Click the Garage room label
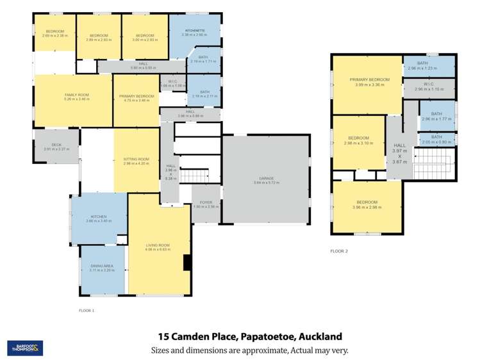(266, 181)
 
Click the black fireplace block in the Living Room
(186, 263)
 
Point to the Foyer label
(206, 205)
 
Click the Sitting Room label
(136, 161)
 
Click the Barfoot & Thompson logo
(25, 348)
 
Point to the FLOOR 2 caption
(339, 250)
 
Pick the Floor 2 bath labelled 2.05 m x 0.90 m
(436, 139)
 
